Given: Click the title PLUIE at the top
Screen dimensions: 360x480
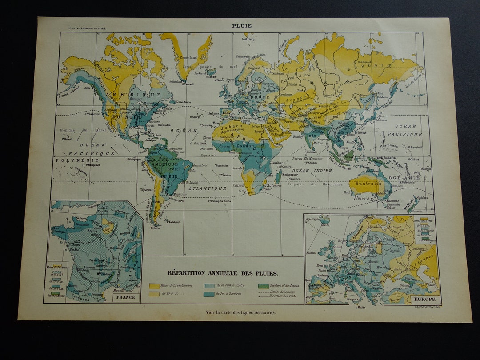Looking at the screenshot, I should click(241, 25).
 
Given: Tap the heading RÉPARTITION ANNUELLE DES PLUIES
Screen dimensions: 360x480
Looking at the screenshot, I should click(222, 273).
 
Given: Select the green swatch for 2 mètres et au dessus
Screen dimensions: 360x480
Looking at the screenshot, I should click(263, 285).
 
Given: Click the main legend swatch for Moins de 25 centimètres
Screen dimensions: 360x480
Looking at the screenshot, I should click(154, 285).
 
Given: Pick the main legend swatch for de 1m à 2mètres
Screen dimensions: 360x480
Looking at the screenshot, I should click(209, 294).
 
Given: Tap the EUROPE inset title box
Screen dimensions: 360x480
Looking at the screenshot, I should click(424, 300).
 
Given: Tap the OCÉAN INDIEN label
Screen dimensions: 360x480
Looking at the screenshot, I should click(312, 170).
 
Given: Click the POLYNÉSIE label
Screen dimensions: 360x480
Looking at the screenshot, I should click(71, 160).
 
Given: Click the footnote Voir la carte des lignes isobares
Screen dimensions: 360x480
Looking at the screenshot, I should click(240, 312).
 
